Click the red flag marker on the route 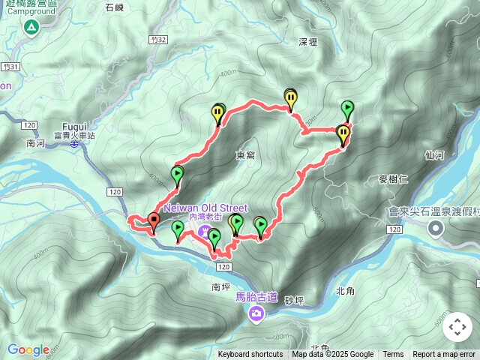154,220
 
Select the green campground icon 31,28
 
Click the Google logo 28,349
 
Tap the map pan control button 457,327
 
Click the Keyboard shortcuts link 250,355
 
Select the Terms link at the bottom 393,355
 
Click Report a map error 444,355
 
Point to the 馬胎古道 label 256,297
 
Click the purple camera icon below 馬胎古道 256,313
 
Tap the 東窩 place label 246,155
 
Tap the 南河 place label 35,142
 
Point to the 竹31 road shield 8,67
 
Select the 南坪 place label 220,286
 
